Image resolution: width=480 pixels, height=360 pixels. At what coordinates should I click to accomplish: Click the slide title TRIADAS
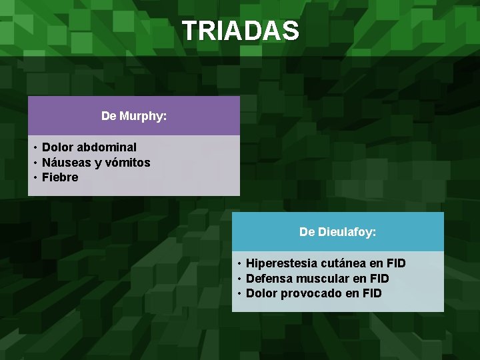(x=240, y=31)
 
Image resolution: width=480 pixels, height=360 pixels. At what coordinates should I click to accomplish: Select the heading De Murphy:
(x=134, y=116)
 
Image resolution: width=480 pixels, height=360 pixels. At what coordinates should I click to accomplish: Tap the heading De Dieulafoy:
(x=337, y=232)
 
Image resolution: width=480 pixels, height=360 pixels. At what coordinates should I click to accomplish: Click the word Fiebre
(x=60, y=177)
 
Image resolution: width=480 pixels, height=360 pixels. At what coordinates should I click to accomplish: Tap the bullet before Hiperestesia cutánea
(x=239, y=263)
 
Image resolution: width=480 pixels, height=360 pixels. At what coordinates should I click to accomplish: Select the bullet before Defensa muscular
(x=239, y=279)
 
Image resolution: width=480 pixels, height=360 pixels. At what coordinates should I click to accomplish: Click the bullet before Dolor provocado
(x=239, y=293)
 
